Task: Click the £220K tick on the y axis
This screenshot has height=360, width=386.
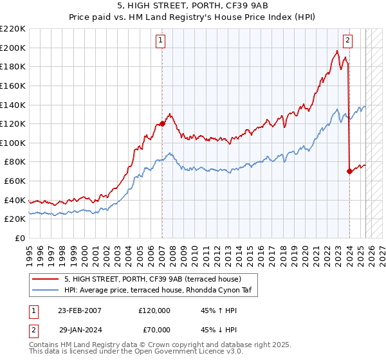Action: coord(13,29)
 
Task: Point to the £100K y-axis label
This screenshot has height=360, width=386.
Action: coord(13,143)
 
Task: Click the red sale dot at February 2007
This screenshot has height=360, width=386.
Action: coord(162,124)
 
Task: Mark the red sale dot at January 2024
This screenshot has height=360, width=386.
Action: coord(349,171)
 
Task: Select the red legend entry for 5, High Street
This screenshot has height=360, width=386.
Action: coord(152,279)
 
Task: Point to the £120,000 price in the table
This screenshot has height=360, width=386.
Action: coord(154,310)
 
